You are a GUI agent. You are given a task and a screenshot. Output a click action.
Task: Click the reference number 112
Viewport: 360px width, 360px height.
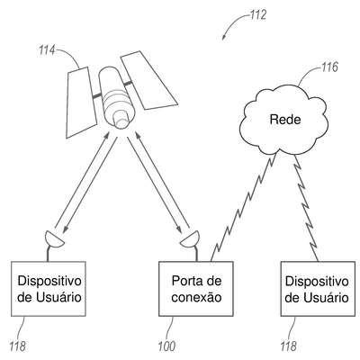point(258,14)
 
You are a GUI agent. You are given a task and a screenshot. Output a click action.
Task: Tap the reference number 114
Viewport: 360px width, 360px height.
point(46,50)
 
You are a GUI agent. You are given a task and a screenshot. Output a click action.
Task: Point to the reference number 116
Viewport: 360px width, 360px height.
point(329,67)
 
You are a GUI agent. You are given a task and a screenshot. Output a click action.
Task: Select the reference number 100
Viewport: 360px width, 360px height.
point(166,346)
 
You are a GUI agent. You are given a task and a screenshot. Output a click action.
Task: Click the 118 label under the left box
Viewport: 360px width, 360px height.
point(17,346)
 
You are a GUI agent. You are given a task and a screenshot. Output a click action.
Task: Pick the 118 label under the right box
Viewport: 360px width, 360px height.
point(289,346)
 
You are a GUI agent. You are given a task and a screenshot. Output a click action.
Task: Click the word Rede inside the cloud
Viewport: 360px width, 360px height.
point(285,120)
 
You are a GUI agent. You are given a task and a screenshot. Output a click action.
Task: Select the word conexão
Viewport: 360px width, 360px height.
point(196,298)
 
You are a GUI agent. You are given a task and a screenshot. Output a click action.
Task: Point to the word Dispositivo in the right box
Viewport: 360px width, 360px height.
point(317,282)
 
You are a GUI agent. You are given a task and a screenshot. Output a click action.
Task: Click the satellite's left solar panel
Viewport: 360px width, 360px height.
point(80,103)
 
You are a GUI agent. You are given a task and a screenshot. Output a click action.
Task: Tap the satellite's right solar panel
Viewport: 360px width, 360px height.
point(148,80)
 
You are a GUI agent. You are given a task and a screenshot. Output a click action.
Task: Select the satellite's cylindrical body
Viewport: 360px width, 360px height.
point(115,97)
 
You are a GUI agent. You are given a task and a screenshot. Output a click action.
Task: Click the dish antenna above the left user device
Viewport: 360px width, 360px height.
point(54,239)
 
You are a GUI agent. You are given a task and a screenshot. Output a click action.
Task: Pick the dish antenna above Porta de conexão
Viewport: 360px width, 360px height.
point(190,239)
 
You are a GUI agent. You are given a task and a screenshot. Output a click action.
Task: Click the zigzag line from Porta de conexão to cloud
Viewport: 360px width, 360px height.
point(243,207)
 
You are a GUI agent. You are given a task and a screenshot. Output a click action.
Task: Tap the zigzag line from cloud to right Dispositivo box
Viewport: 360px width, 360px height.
point(307,208)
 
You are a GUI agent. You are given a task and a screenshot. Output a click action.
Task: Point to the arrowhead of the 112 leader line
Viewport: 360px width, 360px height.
point(223,38)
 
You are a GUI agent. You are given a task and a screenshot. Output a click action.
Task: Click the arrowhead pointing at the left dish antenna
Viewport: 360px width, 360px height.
point(65,230)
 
